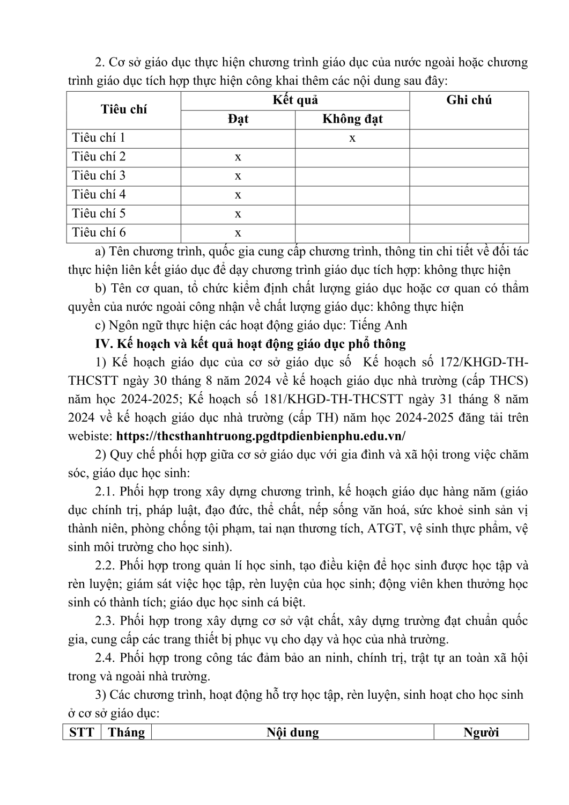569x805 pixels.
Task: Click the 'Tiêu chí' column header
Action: click(124, 109)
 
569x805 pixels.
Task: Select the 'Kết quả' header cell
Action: click(295, 100)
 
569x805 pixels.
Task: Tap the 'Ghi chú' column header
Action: click(469, 100)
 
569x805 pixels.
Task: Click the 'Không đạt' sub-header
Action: click(352, 119)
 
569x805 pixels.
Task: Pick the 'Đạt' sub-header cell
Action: click(238, 119)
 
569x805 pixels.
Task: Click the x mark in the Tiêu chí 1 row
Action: click(352, 138)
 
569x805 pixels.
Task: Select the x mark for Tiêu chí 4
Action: click(238, 195)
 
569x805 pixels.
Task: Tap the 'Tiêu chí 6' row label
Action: click(99, 232)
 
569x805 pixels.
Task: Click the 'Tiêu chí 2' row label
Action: click(99, 157)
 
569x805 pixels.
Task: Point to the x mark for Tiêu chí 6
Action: click(238, 233)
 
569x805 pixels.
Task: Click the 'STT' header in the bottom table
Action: click(82, 733)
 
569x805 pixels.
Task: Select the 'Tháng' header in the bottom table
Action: click(127, 733)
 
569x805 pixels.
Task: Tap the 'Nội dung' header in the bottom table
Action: click(293, 733)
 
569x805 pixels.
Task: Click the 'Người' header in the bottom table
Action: click(481, 733)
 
